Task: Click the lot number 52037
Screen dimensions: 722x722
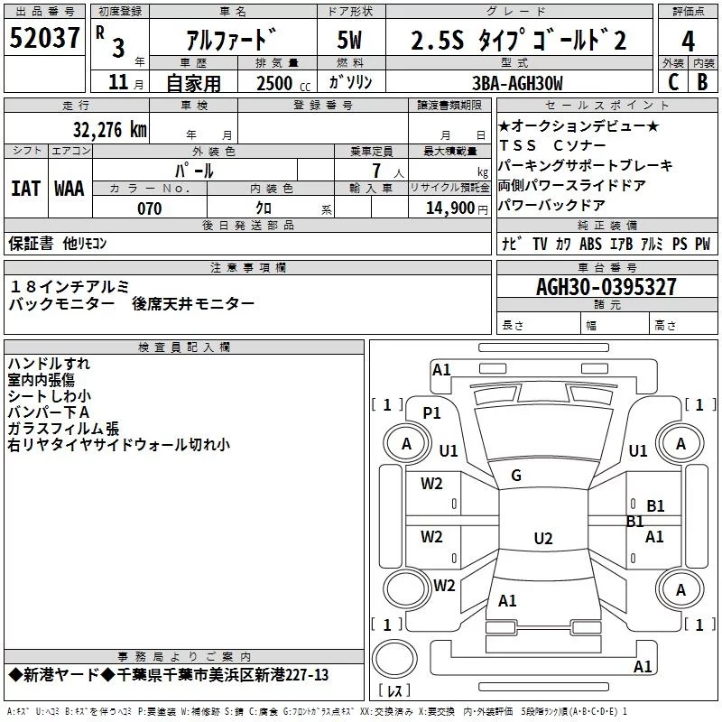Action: pos(44,38)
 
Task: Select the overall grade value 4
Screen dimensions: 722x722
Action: pos(688,41)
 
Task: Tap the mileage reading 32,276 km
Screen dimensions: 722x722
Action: pos(110,129)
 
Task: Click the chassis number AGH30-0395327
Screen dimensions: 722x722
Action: pos(606,287)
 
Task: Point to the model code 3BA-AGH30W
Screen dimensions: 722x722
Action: pos(517,83)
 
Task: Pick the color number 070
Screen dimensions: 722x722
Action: pos(150,208)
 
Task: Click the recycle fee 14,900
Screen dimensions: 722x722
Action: pos(450,208)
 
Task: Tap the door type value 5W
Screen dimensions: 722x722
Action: pos(349,40)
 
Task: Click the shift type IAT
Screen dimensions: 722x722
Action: pos(26,189)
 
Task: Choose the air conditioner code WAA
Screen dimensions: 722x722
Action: pos(69,189)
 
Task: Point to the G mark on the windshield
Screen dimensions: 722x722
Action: pos(516,476)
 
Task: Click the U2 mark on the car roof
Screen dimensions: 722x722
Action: pos(543,538)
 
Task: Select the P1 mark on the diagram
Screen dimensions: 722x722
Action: pos(431,413)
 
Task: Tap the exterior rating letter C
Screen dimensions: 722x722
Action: pos(673,82)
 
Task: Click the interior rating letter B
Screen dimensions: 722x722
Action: pos(702,82)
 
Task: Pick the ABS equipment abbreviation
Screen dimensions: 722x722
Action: pos(590,244)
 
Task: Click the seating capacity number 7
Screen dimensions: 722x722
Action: pos(376,171)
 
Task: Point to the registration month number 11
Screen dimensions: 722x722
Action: pos(118,82)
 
